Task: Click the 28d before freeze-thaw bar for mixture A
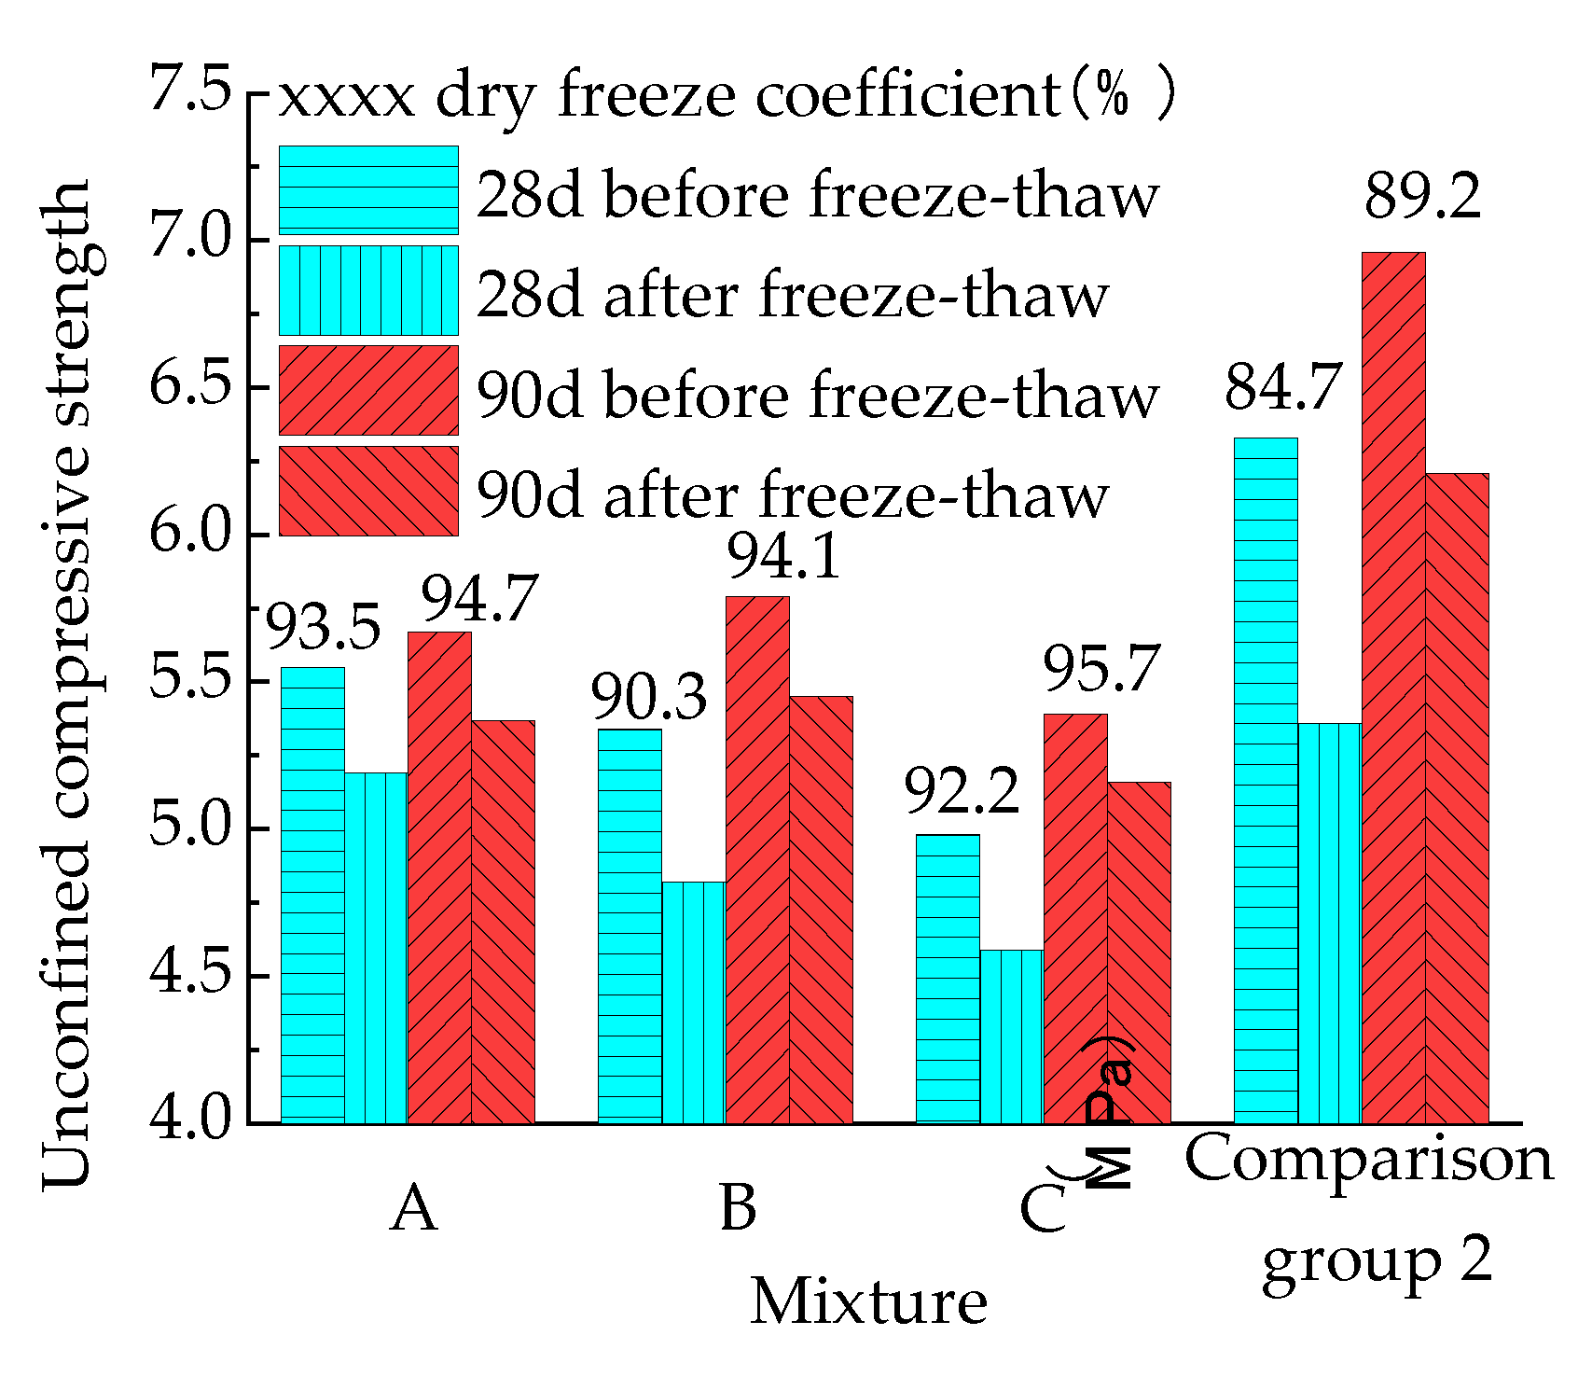tap(312, 896)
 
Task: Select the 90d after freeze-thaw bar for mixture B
tap(821, 910)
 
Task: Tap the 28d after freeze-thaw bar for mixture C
tap(1011, 1036)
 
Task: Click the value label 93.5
tap(324, 628)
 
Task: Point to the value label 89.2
tap(1422, 198)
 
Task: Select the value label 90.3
tap(649, 699)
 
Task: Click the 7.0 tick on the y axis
tap(190, 238)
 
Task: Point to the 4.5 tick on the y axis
tap(190, 975)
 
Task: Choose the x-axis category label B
tap(738, 1208)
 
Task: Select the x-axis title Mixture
tap(868, 1302)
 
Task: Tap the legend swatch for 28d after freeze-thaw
tap(368, 290)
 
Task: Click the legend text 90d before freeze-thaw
tap(817, 395)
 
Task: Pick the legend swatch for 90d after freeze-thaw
tap(368, 491)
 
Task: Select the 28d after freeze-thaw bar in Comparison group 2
tap(1329, 924)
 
